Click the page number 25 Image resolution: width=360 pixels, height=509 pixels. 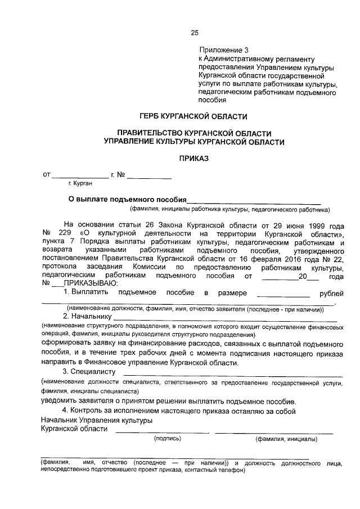[x=195, y=33]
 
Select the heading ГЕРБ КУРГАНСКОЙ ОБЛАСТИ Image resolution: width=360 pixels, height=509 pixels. [x=195, y=116]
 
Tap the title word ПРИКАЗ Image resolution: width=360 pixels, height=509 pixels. [x=194, y=159]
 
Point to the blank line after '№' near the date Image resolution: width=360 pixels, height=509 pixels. [x=149, y=176]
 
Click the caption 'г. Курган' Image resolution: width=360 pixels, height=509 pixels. [x=80, y=183]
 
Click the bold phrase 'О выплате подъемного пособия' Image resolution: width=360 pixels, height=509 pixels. [x=127, y=199]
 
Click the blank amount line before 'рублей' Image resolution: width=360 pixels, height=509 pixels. [x=282, y=294]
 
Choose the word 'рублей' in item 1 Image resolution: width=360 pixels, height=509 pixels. [x=331, y=294]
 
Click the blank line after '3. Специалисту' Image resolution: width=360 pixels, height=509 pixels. [x=232, y=373]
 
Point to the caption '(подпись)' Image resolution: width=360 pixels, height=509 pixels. [x=167, y=438]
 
